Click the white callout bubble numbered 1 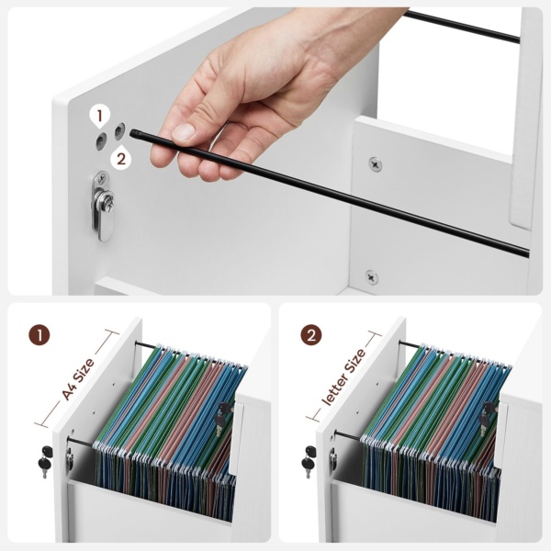click(x=99, y=117)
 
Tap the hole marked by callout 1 click(x=102, y=141)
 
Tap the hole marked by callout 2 click(x=119, y=131)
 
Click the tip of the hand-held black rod click(x=132, y=133)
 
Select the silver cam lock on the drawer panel click(x=103, y=206)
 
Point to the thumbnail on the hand click(x=184, y=131)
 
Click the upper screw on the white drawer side click(x=376, y=164)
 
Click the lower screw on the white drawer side click(x=371, y=277)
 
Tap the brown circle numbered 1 click(x=39, y=334)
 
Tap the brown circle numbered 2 click(x=311, y=334)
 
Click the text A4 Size click(x=78, y=378)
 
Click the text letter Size click(x=344, y=377)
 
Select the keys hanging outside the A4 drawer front click(x=45, y=461)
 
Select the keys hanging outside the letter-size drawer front click(x=309, y=461)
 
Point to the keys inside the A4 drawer click(x=223, y=418)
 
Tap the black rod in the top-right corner click(x=461, y=27)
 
